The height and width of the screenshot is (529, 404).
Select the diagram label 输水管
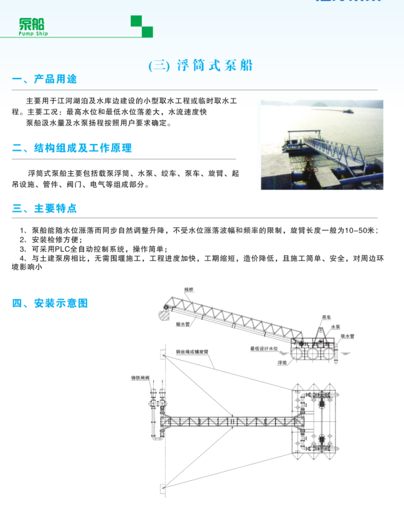pos(184,324)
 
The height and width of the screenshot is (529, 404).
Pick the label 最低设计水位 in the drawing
pos(263,349)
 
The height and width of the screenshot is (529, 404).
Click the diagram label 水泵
pos(336,326)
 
